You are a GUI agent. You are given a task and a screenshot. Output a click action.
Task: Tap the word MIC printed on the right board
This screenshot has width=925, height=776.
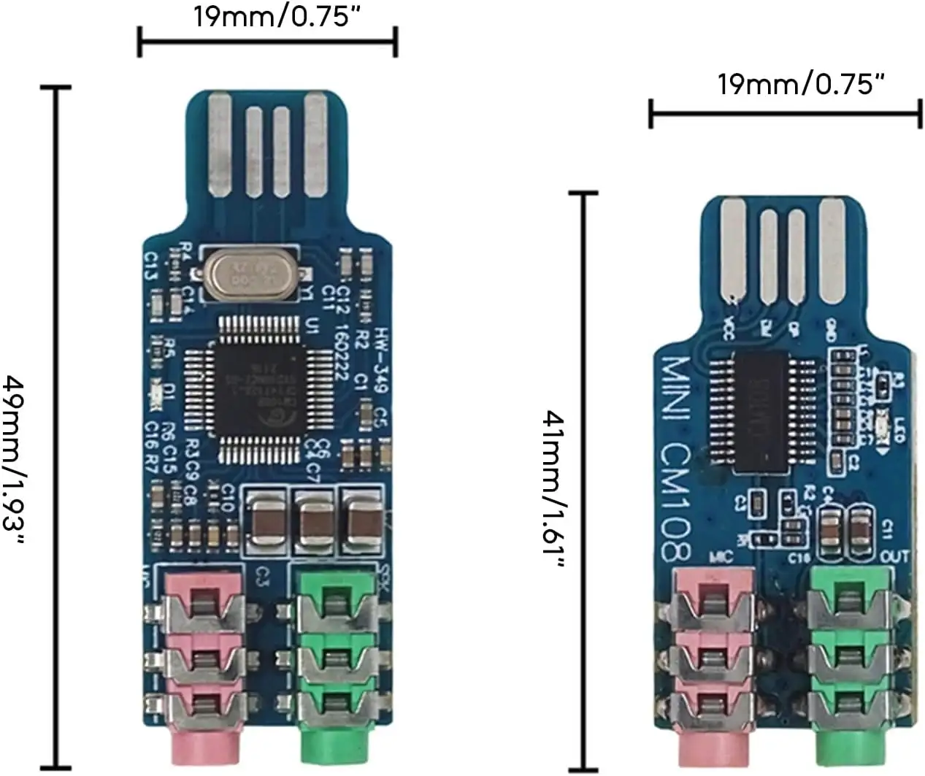tap(721, 558)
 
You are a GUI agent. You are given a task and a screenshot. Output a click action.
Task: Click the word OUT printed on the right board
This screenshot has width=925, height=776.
tap(895, 557)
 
